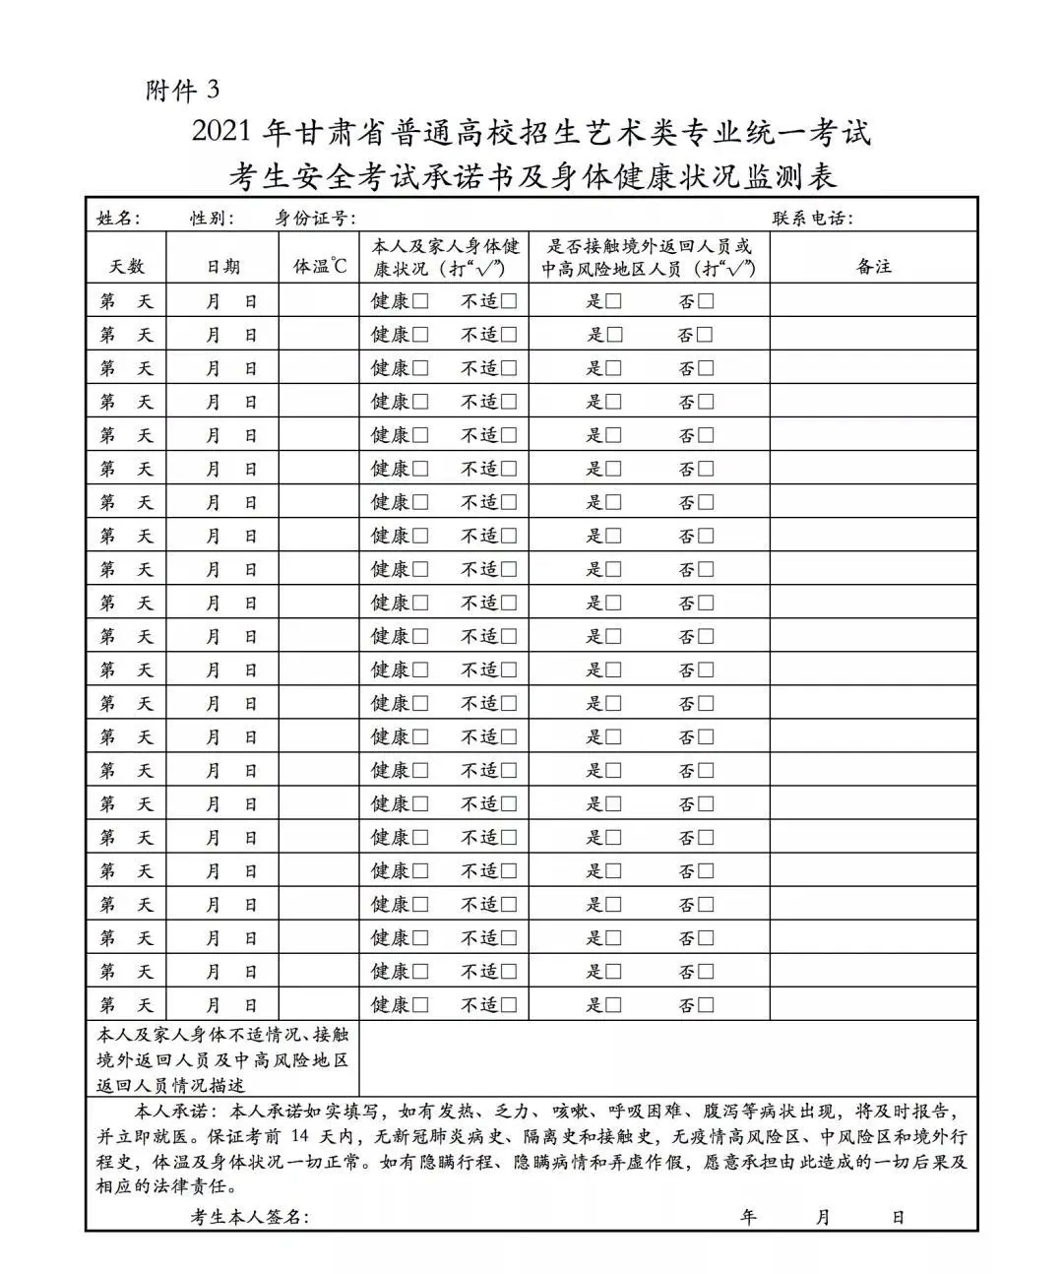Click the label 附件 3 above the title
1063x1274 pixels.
click(x=183, y=92)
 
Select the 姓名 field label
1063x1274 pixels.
click(x=118, y=219)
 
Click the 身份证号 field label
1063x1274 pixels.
click(x=315, y=219)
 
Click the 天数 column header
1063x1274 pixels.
click(x=126, y=267)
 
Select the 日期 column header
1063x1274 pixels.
click(x=222, y=267)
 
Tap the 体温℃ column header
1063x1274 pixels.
click(x=321, y=267)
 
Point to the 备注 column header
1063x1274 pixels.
click(x=874, y=267)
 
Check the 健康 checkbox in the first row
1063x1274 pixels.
click(x=420, y=302)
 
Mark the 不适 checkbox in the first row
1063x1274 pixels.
click(x=508, y=302)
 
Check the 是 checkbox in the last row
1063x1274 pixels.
click(x=614, y=1005)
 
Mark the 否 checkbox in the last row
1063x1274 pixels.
click(x=705, y=1005)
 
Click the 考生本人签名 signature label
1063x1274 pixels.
click(x=250, y=1218)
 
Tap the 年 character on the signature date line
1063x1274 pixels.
click(x=749, y=1218)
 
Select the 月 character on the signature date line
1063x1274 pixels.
click(x=824, y=1218)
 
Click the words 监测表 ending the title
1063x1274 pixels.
click(x=792, y=177)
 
